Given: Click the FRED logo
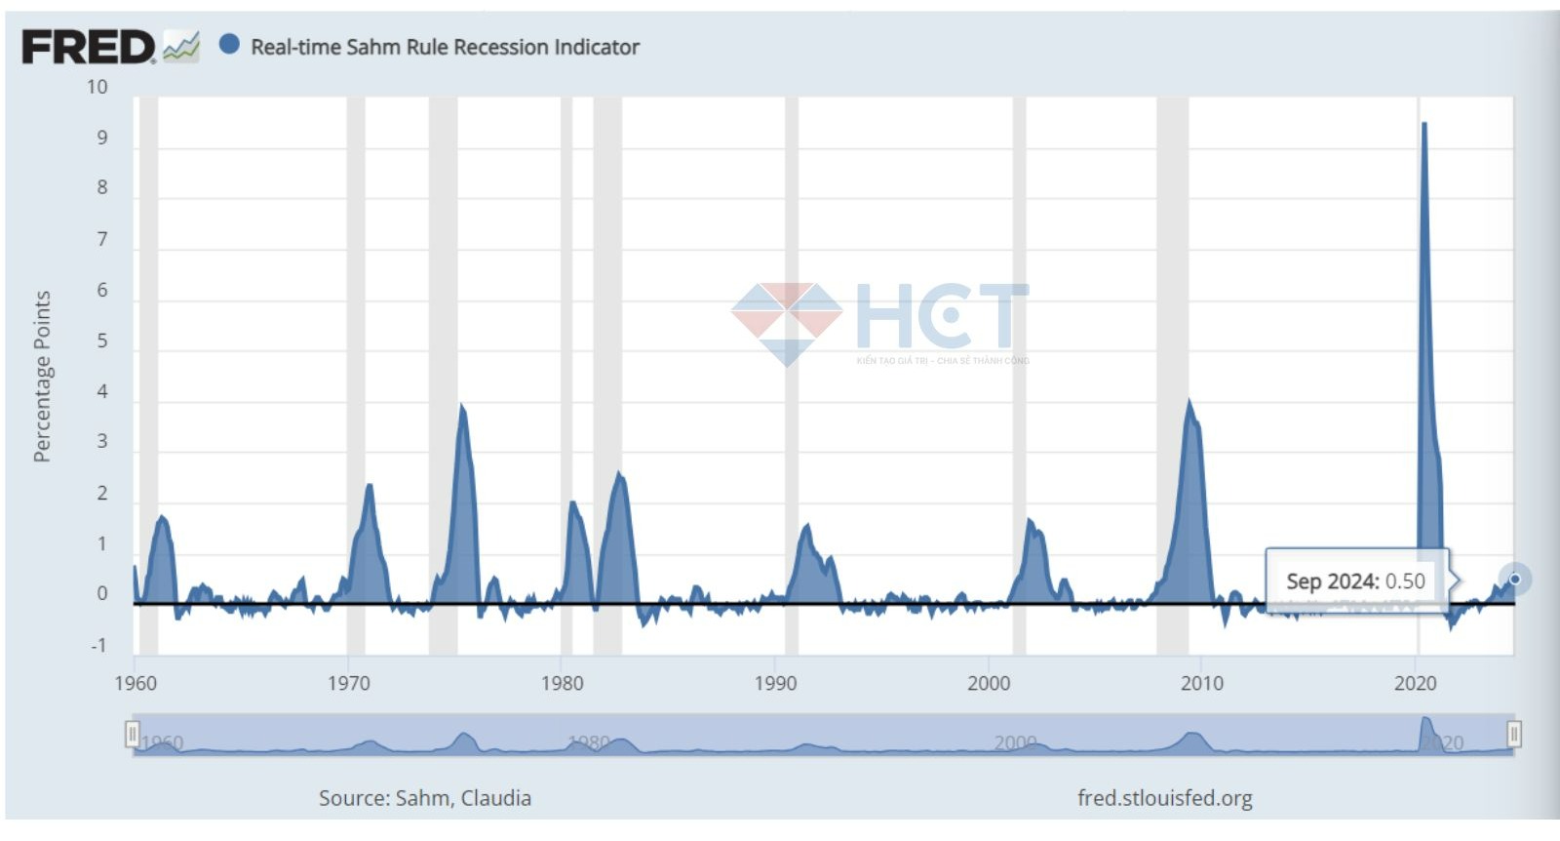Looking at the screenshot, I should pyautogui.click(x=88, y=47).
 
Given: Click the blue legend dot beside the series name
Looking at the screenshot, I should pyautogui.click(x=229, y=45).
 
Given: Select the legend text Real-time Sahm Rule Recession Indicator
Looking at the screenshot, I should pyautogui.click(x=445, y=47).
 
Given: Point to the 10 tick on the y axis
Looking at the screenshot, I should pyautogui.click(x=97, y=87).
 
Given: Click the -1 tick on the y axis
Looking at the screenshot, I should pyautogui.click(x=98, y=645).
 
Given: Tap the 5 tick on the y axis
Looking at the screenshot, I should pyautogui.click(x=101, y=340).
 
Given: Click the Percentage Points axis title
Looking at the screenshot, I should pyautogui.click(x=41, y=376).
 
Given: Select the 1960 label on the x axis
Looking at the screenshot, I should pyautogui.click(x=136, y=683).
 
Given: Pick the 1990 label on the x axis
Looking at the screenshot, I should pyautogui.click(x=775, y=683).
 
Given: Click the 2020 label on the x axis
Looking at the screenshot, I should pyautogui.click(x=1415, y=683).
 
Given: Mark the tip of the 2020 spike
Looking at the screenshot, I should pyautogui.click(x=1424, y=124).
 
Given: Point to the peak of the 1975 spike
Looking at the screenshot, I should pyautogui.click(x=461, y=405).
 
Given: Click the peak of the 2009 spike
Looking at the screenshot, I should pyautogui.click(x=1189, y=401).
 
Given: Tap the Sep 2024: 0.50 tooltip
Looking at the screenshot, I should pyautogui.click(x=1355, y=581).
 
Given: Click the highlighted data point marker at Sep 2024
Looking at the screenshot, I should pyautogui.click(x=1514, y=580).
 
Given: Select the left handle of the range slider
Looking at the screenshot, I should pyautogui.click(x=133, y=734).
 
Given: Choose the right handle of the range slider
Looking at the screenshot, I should pyautogui.click(x=1513, y=734).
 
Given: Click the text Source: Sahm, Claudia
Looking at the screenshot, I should pyautogui.click(x=425, y=798).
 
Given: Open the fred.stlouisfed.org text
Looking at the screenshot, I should pyautogui.click(x=1164, y=798).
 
